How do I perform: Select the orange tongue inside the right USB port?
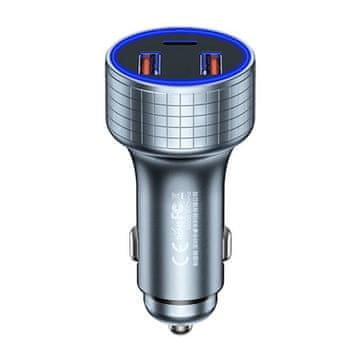[x=212, y=67]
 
